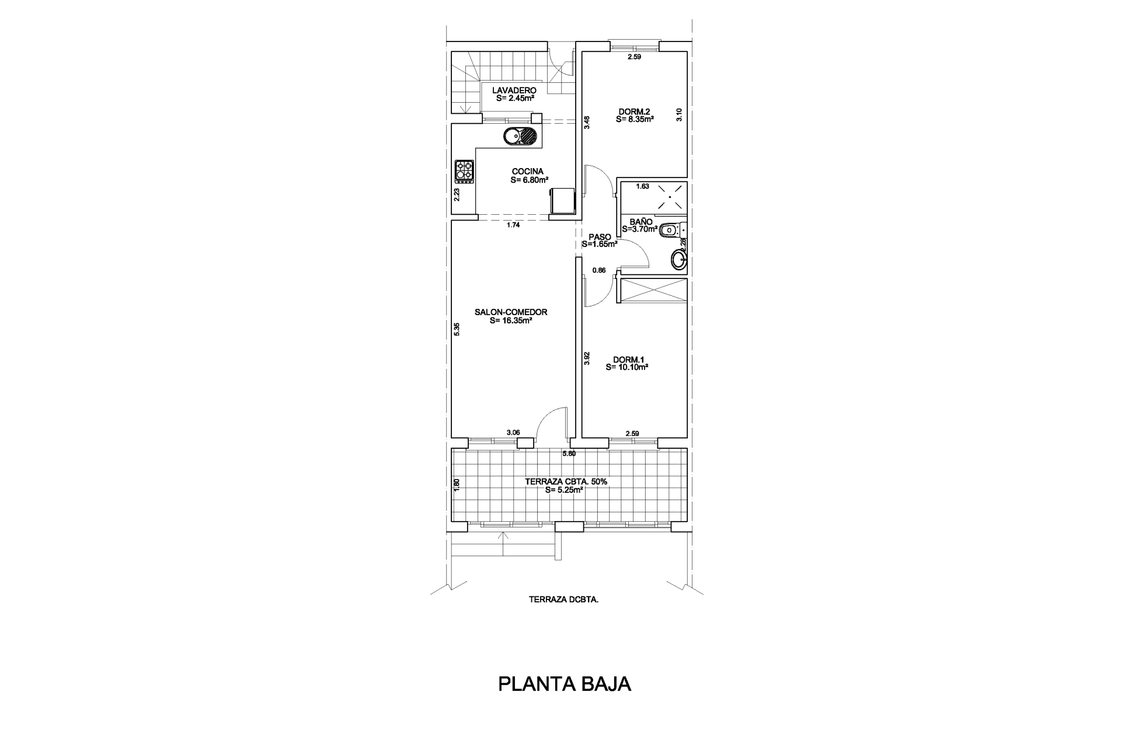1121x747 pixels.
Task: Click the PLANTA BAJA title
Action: (565, 684)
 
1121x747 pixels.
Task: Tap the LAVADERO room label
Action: (514, 90)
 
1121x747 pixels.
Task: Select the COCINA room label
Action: (528, 172)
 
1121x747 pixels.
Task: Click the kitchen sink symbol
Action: (112, 136)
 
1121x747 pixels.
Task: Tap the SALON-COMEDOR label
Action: (511, 312)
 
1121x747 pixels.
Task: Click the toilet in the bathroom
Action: (673, 231)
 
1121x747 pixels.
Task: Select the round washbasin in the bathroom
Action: (679, 260)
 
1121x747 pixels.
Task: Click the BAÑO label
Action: (641, 222)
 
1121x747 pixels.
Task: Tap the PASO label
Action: (600, 236)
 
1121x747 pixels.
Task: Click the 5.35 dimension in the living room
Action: (457, 329)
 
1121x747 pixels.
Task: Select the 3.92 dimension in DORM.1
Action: (587, 358)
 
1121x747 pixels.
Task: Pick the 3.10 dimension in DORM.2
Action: (679, 115)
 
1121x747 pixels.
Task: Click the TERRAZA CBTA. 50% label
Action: (566, 482)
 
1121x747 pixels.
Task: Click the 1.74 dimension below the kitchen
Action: (513, 225)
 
